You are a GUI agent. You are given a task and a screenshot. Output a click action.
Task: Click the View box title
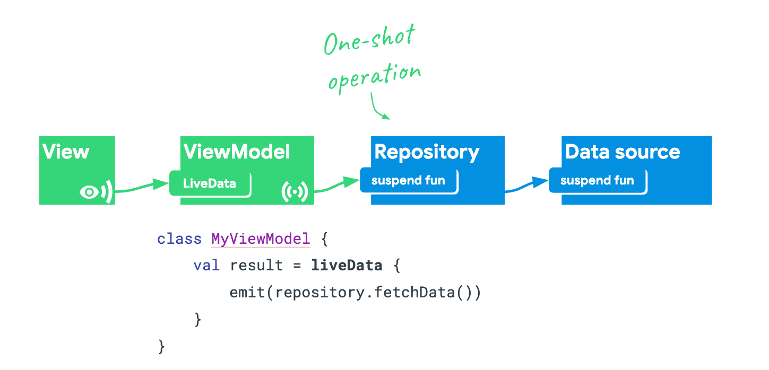pos(66,152)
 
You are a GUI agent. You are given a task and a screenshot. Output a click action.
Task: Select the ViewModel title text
pos(237,152)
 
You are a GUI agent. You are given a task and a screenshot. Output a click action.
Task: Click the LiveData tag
pos(210,183)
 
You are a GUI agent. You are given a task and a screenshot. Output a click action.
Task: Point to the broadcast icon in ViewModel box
pos(295,192)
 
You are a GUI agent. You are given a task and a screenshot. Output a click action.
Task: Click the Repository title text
pos(427,152)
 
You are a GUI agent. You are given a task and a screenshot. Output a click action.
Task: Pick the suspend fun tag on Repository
pos(408,181)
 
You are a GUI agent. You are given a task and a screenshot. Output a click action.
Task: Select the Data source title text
pos(623,152)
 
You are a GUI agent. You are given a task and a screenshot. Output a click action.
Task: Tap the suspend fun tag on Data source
pos(597,181)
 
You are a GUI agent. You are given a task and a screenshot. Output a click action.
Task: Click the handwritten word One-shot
pos(370,40)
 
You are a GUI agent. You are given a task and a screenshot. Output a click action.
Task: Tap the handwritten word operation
pos(375,77)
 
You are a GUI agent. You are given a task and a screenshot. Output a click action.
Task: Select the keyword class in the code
pos(179,239)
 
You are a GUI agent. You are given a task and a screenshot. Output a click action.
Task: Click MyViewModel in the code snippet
pos(261,239)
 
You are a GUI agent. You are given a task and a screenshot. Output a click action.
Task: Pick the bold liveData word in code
pos(347,265)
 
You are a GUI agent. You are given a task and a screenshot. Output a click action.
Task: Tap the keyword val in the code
pos(206,265)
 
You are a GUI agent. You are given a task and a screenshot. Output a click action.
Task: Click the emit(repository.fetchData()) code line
pos(355,292)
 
